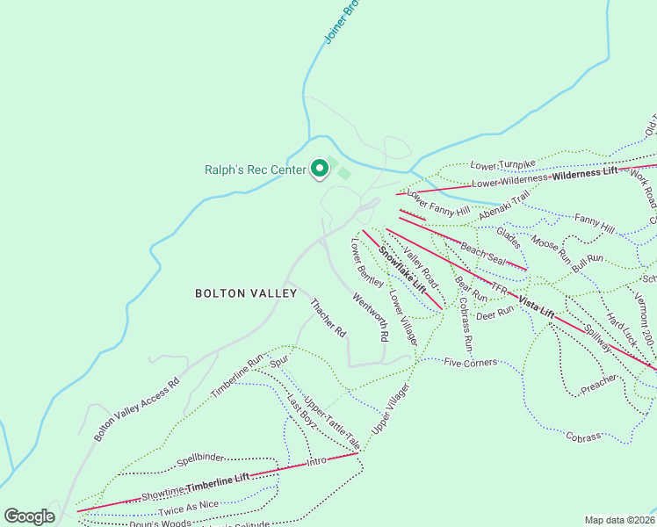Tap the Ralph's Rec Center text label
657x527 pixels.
pos(256,170)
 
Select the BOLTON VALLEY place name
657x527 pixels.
pos(246,293)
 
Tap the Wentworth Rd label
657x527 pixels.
pos(370,317)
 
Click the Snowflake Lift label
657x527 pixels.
pos(402,269)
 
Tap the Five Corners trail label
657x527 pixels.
pos(471,362)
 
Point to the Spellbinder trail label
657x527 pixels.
pos(200,458)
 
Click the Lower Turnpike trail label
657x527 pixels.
pos(502,164)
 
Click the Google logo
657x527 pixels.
pos(29,516)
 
